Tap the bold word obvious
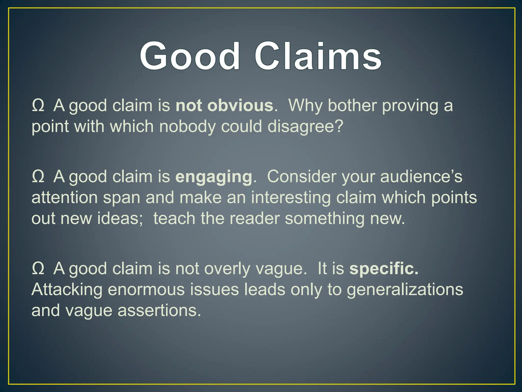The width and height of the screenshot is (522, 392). point(240,105)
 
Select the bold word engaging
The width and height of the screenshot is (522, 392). point(214,177)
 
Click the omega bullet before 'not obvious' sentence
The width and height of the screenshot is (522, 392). point(38,105)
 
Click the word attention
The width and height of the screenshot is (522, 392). point(64,198)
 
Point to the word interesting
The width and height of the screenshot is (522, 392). point(291,198)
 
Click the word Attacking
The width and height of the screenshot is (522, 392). point(67,290)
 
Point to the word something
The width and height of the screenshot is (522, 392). point(324,219)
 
